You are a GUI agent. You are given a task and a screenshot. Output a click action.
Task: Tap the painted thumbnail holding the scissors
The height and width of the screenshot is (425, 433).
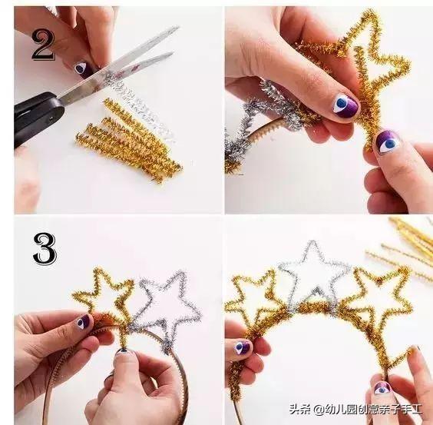coord(82,68)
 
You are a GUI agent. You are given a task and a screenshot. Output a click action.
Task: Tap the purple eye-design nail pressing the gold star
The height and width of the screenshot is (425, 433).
coord(345,105)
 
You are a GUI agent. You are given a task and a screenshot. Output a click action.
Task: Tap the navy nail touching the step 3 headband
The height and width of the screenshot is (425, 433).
coord(123,354)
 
